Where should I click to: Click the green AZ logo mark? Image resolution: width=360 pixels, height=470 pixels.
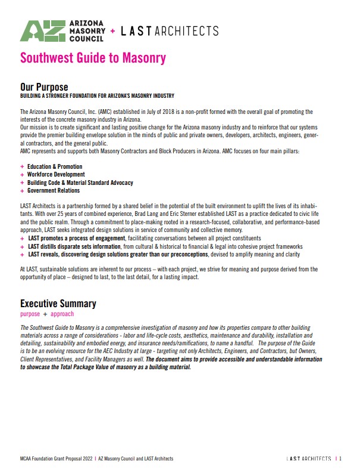pyautogui.click(x=41, y=31)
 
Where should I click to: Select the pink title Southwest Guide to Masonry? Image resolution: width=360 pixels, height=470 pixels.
pyautogui.click(x=93, y=58)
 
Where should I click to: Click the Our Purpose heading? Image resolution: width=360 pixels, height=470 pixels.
pyautogui.click(x=44, y=87)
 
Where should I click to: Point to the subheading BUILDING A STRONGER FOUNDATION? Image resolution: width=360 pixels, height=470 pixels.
pyautogui.click(x=97, y=95)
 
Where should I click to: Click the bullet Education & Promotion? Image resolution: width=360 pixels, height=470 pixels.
pyautogui.click(x=55, y=166)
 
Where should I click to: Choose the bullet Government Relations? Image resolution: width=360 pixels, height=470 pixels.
pyautogui.click(x=53, y=191)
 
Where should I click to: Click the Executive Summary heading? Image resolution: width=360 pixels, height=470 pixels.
pyautogui.click(x=58, y=304)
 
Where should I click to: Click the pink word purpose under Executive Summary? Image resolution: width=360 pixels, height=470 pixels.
pyautogui.click(x=30, y=314)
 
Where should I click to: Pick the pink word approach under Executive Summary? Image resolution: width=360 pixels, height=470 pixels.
pyautogui.click(x=62, y=314)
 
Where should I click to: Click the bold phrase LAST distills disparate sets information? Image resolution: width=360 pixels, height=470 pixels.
pyautogui.click(x=77, y=246)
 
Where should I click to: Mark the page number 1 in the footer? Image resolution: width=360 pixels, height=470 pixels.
pyautogui.click(x=340, y=459)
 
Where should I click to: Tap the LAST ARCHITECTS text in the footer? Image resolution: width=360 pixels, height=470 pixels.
pyautogui.click(x=308, y=459)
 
